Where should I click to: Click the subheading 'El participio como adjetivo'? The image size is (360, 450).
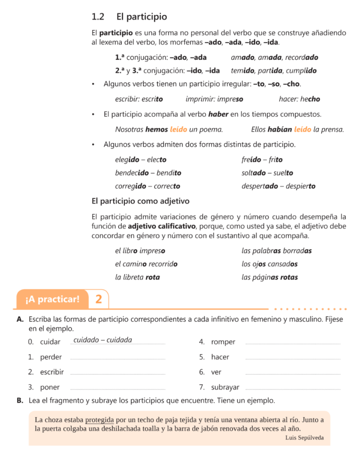click(x=140, y=201)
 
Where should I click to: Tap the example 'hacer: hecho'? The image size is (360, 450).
click(x=299, y=99)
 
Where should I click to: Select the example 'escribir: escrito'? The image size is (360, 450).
click(x=139, y=99)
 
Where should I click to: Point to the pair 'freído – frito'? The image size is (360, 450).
click(x=262, y=160)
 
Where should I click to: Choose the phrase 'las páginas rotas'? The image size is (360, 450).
click(x=269, y=277)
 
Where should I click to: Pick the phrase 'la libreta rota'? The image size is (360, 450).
click(x=137, y=277)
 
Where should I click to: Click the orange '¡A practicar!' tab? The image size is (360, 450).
click(x=53, y=300)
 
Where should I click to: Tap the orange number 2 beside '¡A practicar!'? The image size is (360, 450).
click(x=98, y=300)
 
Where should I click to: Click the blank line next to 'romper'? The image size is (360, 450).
click(x=292, y=343)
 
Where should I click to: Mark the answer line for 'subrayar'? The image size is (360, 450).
click(x=292, y=388)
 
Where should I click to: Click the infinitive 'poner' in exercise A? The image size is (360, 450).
click(x=50, y=387)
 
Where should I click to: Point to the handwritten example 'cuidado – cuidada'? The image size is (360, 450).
click(x=102, y=340)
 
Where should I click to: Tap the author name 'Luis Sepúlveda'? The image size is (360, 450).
click(x=304, y=438)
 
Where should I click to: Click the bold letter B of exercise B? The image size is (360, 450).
click(x=20, y=401)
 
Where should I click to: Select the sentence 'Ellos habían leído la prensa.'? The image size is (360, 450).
click(x=297, y=129)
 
